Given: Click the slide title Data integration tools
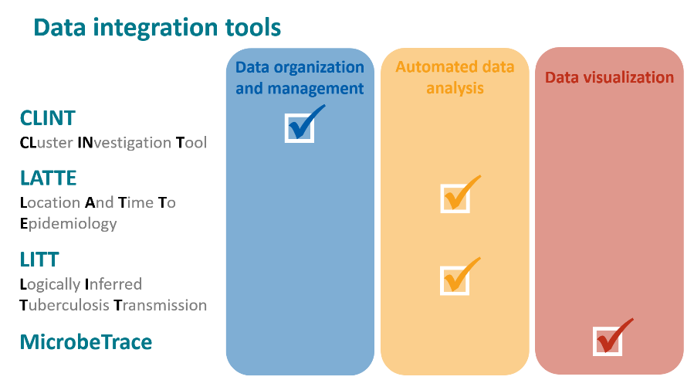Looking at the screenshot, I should pyautogui.click(x=157, y=28).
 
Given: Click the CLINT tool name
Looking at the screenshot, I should pyautogui.click(x=48, y=118).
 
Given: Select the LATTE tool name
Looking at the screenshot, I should pyautogui.click(x=49, y=178).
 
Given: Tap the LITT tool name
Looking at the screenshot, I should pyautogui.click(x=39, y=259).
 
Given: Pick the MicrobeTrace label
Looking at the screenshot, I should pyautogui.click(x=86, y=341).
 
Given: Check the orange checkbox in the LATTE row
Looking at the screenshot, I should pyautogui.click(x=455, y=198).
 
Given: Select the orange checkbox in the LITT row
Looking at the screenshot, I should pyautogui.click(x=455, y=280).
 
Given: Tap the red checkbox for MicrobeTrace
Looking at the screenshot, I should pyautogui.click(x=608, y=341).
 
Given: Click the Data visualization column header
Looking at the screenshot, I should pyautogui.click(x=609, y=77).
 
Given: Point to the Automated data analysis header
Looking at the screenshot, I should pyautogui.click(x=455, y=77).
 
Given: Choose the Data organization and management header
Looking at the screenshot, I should pyautogui.click(x=300, y=78).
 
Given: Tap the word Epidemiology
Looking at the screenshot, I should pyautogui.click(x=68, y=224).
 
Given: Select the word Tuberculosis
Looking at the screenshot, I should pyautogui.click(x=64, y=305).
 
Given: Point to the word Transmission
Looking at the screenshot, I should pyautogui.click(x=161, y=305).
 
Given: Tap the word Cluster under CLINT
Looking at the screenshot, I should pyautogui.click(x=46, y=143).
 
